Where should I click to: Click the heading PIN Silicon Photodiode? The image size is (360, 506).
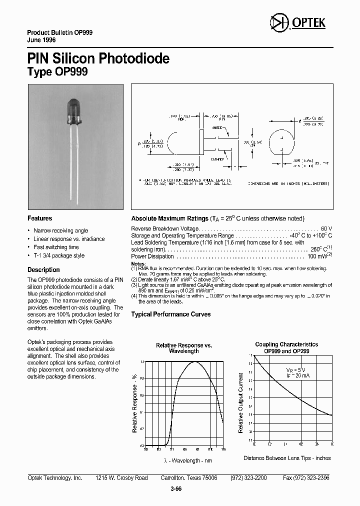(x=98, y=58)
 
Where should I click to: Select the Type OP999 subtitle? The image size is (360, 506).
(x=57, y=72)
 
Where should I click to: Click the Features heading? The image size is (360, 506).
(x=39, y=218)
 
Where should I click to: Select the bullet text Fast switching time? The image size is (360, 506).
(x=56, y=247)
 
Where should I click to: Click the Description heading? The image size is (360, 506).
(x=43, y=270)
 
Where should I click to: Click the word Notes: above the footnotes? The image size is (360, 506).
(x=138, y=263)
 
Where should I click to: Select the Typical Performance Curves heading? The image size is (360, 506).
(x=171, y=314)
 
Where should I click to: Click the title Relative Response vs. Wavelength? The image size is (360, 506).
(x=184, y=348)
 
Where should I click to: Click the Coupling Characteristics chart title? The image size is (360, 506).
(x=286, y=347)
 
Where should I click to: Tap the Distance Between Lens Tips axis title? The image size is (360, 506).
(x=287, y=458)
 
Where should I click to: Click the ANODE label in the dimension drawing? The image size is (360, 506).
(x=217, y=127)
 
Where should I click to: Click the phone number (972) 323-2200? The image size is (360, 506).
(x=248, y=478)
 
